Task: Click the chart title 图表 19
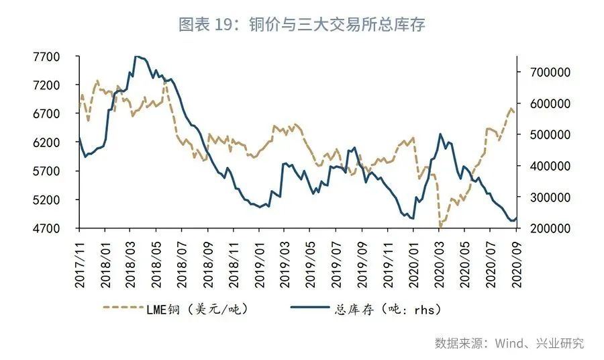point(302,25)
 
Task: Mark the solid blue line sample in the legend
point(311,309)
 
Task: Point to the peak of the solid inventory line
point(137,56)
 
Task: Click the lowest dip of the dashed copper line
point(440,227)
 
